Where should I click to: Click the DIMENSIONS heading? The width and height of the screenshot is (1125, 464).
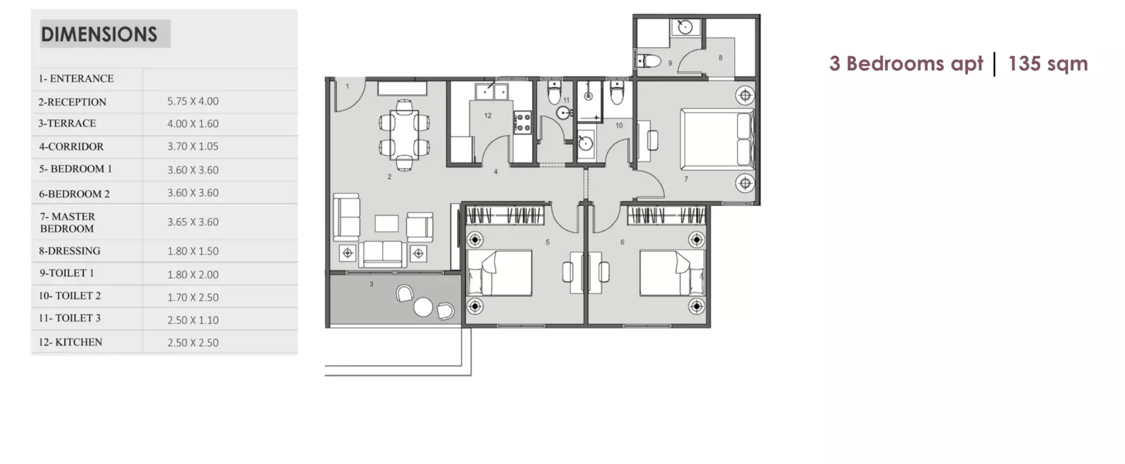(99, 34)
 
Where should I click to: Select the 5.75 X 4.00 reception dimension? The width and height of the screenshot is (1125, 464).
(193, 101)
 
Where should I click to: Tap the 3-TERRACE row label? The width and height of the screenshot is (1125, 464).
(67, 124)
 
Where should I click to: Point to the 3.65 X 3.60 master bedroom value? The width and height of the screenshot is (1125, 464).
(193, 222)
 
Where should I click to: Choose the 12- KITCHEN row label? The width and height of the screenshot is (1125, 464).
(70, 342)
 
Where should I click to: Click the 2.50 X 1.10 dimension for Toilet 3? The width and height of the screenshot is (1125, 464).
(193, 320)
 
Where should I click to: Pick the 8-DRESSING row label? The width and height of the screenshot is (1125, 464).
(70, 251)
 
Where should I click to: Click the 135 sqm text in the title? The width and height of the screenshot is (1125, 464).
(1048, 63)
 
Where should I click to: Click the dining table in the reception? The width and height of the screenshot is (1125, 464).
(404, 135)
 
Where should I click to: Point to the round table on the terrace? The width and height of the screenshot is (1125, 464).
(423, 307)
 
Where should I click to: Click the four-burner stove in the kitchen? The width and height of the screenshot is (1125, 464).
(523, 122)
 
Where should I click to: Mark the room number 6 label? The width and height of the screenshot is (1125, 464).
(622, 242)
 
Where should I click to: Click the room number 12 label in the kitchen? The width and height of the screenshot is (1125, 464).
(488, 115)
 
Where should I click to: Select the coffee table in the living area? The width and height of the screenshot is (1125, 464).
(386, 224)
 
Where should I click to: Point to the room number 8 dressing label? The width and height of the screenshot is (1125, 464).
(720, 58)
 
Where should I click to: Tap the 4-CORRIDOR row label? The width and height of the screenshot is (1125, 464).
(71, 146)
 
